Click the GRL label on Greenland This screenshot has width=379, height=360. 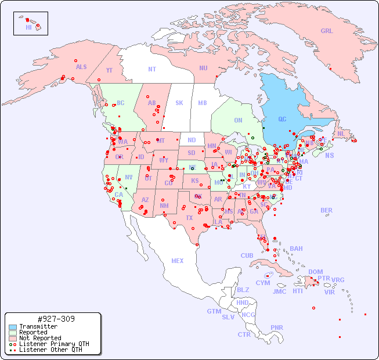coord(327,31)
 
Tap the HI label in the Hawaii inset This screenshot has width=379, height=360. coord(28,27)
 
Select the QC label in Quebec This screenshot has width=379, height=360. coord(282,120)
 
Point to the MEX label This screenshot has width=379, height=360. coord(178,261)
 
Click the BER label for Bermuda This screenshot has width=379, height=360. coord(327,210)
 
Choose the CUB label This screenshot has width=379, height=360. coord(247,255)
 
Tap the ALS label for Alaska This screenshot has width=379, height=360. coord(81,67)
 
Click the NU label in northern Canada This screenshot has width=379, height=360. coord(203,68)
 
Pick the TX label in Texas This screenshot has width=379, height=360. coord(189,218)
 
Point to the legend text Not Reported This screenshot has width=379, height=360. coord(40,338)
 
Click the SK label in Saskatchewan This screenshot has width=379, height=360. coord(179,103)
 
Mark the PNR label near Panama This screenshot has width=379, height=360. coord(277,327)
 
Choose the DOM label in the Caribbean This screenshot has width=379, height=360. coord(315,272)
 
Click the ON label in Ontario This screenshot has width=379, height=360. coord(238,120)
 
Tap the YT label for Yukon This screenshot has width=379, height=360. coord(109,70)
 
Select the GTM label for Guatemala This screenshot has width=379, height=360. coord(214,311)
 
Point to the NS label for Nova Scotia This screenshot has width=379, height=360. coord(330,155)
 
